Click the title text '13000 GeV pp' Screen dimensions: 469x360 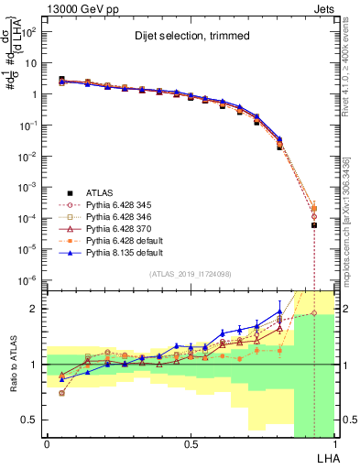(x=78, y=7)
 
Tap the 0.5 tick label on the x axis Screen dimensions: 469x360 (x=191, y=444)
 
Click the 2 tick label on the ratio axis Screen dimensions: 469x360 (x=34, y=309)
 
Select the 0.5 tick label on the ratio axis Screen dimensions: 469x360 (x=30, y=420)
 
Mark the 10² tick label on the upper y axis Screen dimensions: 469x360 (x=28, y=32)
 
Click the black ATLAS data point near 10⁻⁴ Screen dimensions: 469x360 (x=314, y=224)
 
